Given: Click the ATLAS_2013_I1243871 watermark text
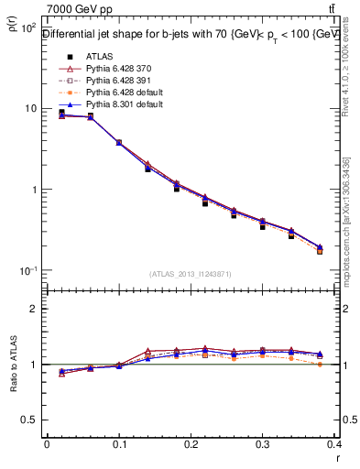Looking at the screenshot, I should [x=190, y=274].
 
